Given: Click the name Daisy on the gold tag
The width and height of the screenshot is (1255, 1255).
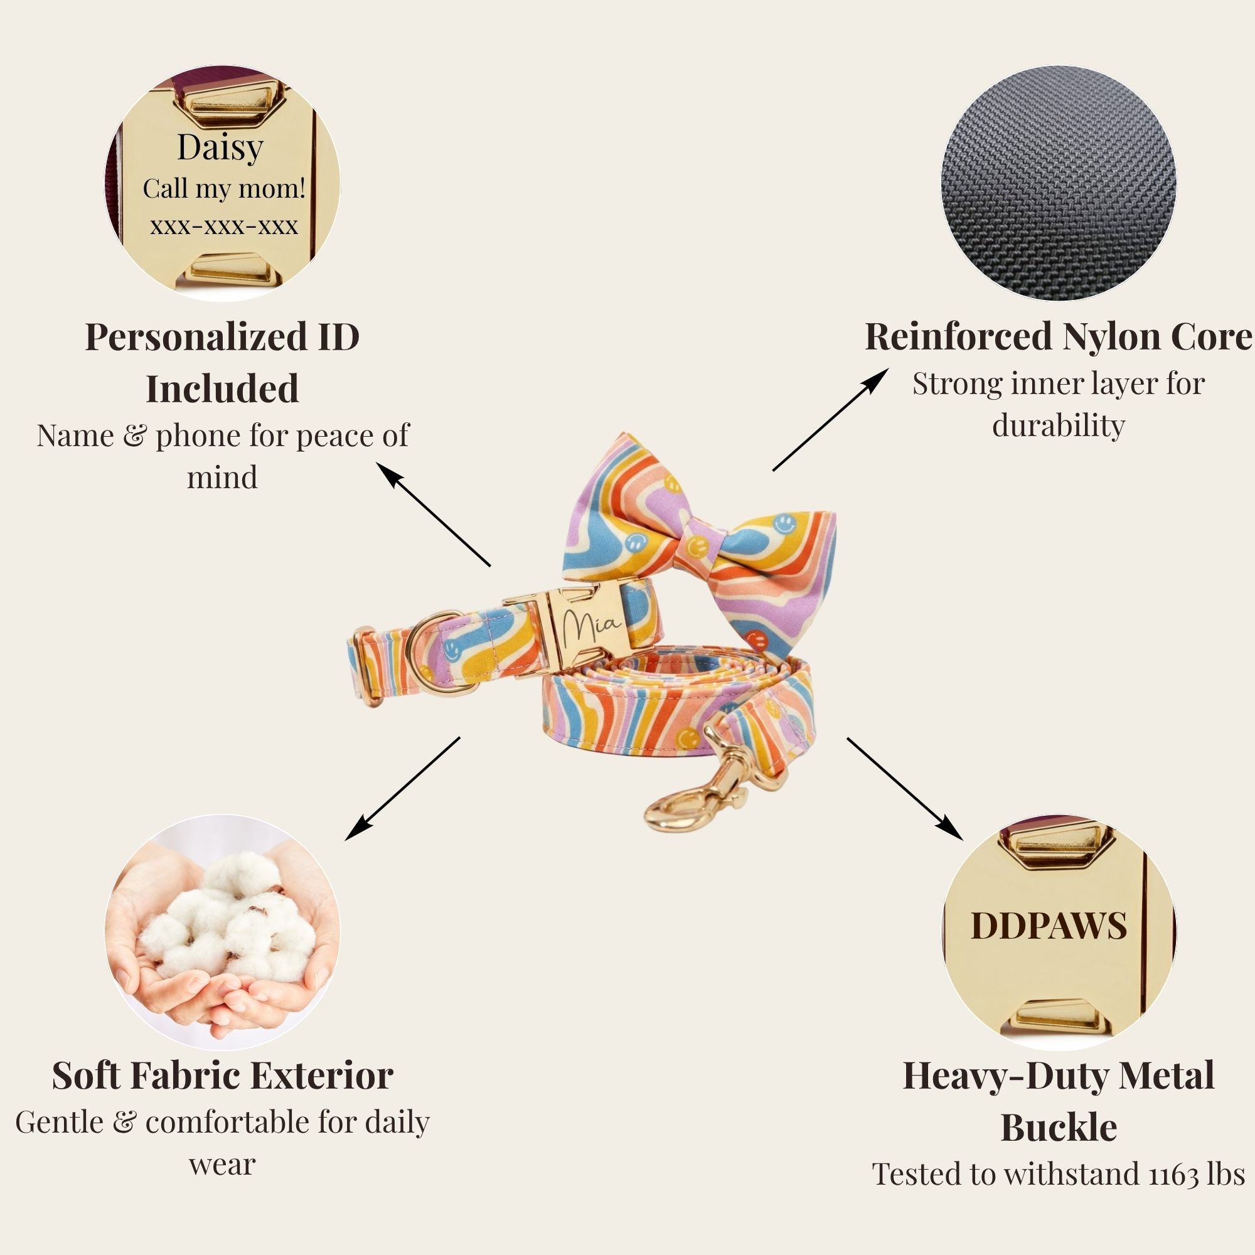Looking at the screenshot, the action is (220, 149).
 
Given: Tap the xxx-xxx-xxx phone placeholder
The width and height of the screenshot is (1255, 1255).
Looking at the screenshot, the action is (224, 226).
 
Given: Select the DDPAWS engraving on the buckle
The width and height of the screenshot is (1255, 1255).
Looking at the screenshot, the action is (1049, 926).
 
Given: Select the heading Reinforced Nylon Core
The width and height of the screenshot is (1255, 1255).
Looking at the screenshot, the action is (1058, 337).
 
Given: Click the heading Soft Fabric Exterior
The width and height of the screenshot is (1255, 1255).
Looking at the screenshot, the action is (222, 1075).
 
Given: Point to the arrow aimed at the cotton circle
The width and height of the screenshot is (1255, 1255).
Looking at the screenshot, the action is (403, 788).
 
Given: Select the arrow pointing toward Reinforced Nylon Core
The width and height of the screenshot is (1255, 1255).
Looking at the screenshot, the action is (831, 419).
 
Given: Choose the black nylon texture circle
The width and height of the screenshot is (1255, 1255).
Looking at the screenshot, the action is (1058, 183).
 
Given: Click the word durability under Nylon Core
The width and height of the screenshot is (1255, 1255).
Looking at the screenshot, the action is (1058, 425).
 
